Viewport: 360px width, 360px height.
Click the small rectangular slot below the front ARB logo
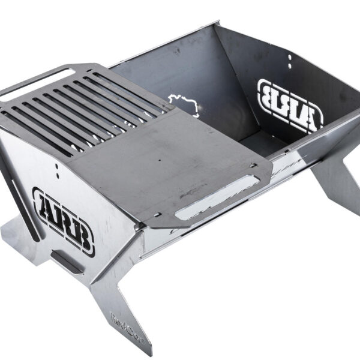point(67,261)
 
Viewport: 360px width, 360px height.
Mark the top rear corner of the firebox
point(219,24)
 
